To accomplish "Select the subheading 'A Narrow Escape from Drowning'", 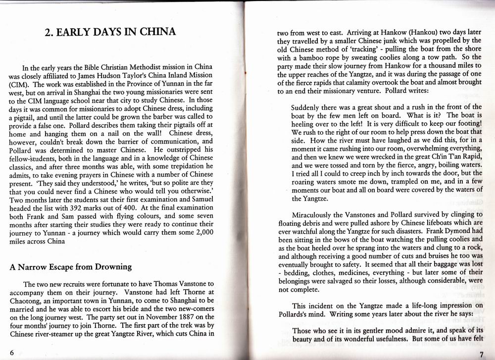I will point(71,267).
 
